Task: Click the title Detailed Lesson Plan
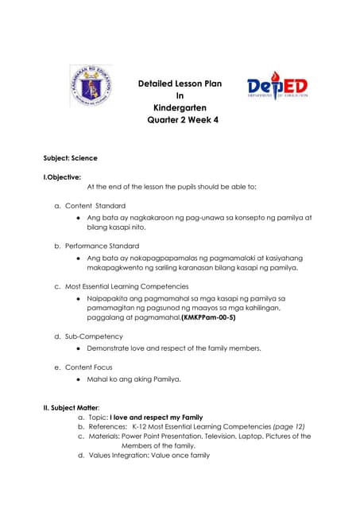tap(180, 82)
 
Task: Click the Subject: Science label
tap(70, 158)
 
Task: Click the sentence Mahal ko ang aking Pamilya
tap(134, 379)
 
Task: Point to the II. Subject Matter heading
tap(76, 408)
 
